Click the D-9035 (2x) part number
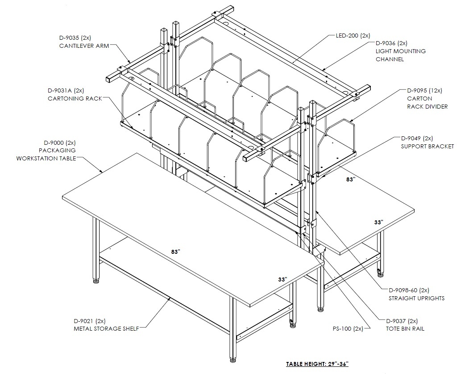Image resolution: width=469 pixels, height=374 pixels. [x=75, y=38]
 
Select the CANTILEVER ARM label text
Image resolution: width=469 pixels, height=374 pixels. [x=84, y=46]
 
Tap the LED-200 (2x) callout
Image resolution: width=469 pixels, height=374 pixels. [x=353, y=36]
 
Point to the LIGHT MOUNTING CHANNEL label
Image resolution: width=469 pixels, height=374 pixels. [x=401, y=55]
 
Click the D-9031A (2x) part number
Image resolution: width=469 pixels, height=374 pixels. [x=66, y=90]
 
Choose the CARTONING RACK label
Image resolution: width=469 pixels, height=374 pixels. [x=75, y=98]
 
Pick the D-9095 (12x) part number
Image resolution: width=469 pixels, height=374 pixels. [x=424, y=90]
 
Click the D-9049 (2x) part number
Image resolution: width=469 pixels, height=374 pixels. [x=417, y=139]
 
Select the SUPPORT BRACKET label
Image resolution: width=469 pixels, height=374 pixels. [x=427, y=147]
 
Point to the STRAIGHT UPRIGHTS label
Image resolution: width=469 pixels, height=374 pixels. [x=416, y=298]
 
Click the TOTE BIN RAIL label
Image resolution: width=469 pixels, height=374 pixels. [x=405, y=329]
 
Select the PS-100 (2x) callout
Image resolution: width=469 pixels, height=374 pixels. [x=348, y=329]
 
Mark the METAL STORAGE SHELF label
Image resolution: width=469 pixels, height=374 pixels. [x=106, y=329]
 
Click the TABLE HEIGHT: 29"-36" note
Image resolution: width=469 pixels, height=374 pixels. [x=317, y=364]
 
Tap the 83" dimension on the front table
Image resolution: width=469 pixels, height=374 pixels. [x=176, y=252]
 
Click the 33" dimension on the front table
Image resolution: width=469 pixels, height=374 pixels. [x=282, y=279]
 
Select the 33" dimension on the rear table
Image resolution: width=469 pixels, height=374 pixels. [x=379, y=222]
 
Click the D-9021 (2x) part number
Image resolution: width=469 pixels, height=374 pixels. [x=89, y=321]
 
